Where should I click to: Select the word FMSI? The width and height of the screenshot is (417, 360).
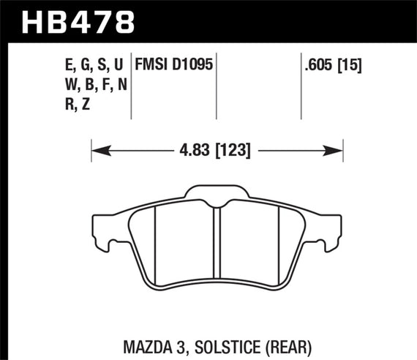tap(151, 64)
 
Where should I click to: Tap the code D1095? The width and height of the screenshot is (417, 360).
tap(192, 64)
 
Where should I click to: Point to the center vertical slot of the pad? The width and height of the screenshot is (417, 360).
tap(216, 245)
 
